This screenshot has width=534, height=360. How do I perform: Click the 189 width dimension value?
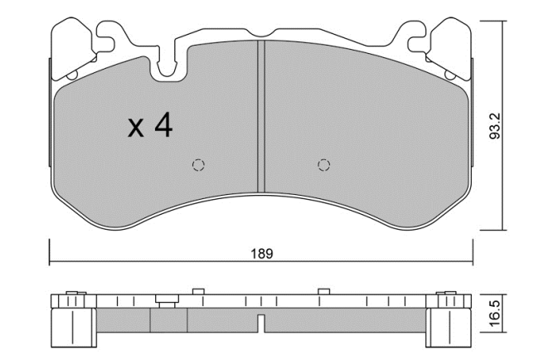262,254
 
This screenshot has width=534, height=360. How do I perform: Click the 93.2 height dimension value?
495,126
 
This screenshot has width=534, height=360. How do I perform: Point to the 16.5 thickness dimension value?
495,314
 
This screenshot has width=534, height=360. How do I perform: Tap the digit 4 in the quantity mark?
164,126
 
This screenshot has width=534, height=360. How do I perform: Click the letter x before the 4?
135,129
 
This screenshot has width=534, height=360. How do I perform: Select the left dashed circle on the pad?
198,165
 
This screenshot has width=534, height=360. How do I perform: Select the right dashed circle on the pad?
323,165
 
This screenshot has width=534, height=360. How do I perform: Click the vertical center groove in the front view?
261,116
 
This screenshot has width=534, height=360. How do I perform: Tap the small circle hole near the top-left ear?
72,75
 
